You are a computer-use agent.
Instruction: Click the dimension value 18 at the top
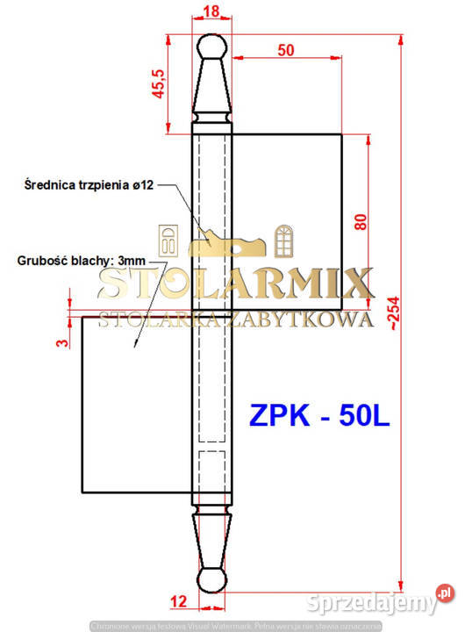[211, 11]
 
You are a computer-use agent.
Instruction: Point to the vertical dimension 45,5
[159, 83]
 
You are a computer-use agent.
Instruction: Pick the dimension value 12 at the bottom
[179, 601]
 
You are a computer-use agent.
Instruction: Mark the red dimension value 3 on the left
[61, 342]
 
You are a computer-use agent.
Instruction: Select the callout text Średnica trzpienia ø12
[90, 184]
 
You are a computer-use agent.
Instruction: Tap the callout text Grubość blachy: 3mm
[80, 261]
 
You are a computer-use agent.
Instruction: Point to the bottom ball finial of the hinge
[211, 580]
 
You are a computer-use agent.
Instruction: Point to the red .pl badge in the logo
[446, 594]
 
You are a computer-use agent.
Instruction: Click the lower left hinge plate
[136, 404]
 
